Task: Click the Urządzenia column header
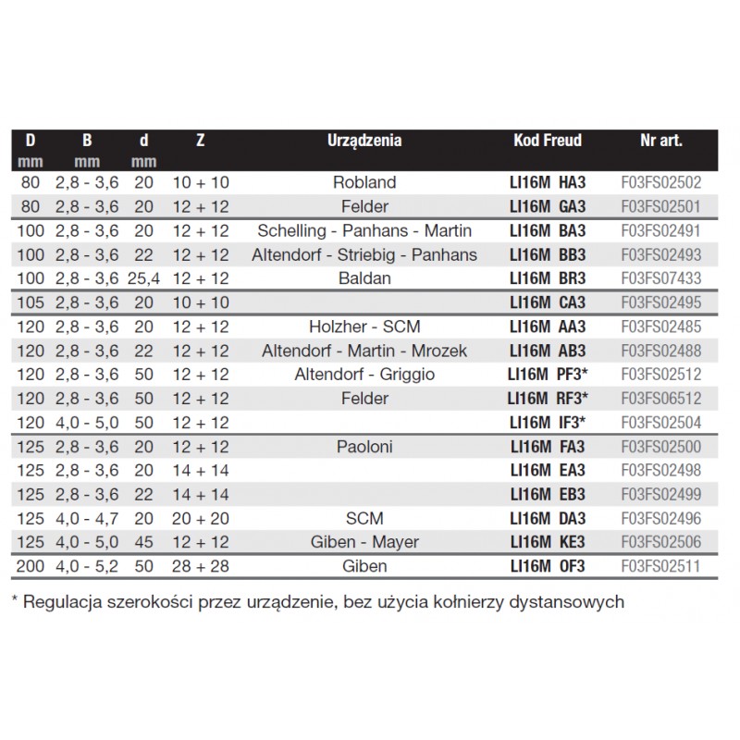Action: (364, 142)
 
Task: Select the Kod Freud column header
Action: (548, 142)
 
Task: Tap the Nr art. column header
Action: (660, 142)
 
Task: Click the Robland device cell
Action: (364, 182)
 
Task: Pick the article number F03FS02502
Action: (660, 182)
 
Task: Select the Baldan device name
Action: (364, 277)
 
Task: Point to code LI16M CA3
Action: (547, 302)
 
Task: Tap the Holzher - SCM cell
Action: (364, 327)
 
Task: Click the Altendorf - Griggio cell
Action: (364, 375)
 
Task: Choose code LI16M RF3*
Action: (547, 399)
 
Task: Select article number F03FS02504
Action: (660, 423)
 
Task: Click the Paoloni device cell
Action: (364, 447)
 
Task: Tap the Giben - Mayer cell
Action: (364, 542)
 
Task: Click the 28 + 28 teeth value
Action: (201, 566)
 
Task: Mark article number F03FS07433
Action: (660, 277)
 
